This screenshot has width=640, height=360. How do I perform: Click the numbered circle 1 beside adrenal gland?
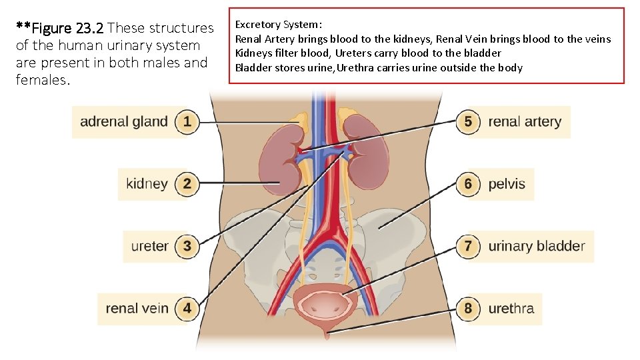click(187, 121)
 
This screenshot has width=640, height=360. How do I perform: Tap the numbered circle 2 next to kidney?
click(187, 183)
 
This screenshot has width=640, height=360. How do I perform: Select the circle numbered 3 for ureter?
click(187, 246)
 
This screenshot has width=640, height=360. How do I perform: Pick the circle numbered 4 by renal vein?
click(187, 308)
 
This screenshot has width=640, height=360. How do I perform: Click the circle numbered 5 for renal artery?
click(468, 121)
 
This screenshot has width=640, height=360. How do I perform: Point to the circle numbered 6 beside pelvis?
click(468, 183)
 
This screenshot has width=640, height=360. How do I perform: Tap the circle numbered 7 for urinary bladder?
click(468, 246)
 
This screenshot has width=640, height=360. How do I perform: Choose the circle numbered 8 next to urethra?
click(468, 308)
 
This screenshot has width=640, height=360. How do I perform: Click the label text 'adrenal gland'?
click(123, 121)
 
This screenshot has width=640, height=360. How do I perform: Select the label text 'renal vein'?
click(137, 308)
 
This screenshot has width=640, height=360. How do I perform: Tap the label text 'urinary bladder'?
click(536, 246)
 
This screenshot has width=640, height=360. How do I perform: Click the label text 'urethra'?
click(511, 308)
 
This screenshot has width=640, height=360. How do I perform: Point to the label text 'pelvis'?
click(507, 183)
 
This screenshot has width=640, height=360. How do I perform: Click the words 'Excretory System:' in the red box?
click(278, 25)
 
